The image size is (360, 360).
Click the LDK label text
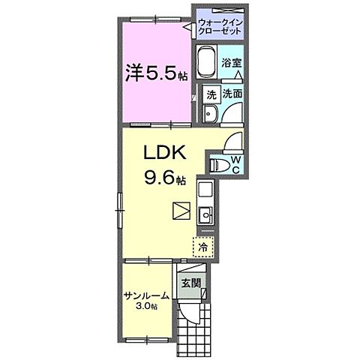[x=163, y=153]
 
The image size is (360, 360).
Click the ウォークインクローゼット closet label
[x=220, y=27]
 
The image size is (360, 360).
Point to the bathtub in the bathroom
[x=207, y=63]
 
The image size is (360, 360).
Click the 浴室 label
[x=233, y=64]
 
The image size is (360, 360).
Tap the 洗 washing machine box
[x=211, y=94]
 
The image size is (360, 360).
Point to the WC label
[x=234, y=165]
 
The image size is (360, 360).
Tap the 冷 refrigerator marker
[x=202, y=245]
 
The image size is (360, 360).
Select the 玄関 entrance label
[x=190, y=283]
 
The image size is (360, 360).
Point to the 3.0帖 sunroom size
[x=147, y=307]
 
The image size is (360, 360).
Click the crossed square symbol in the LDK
[x=181, y=211]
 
